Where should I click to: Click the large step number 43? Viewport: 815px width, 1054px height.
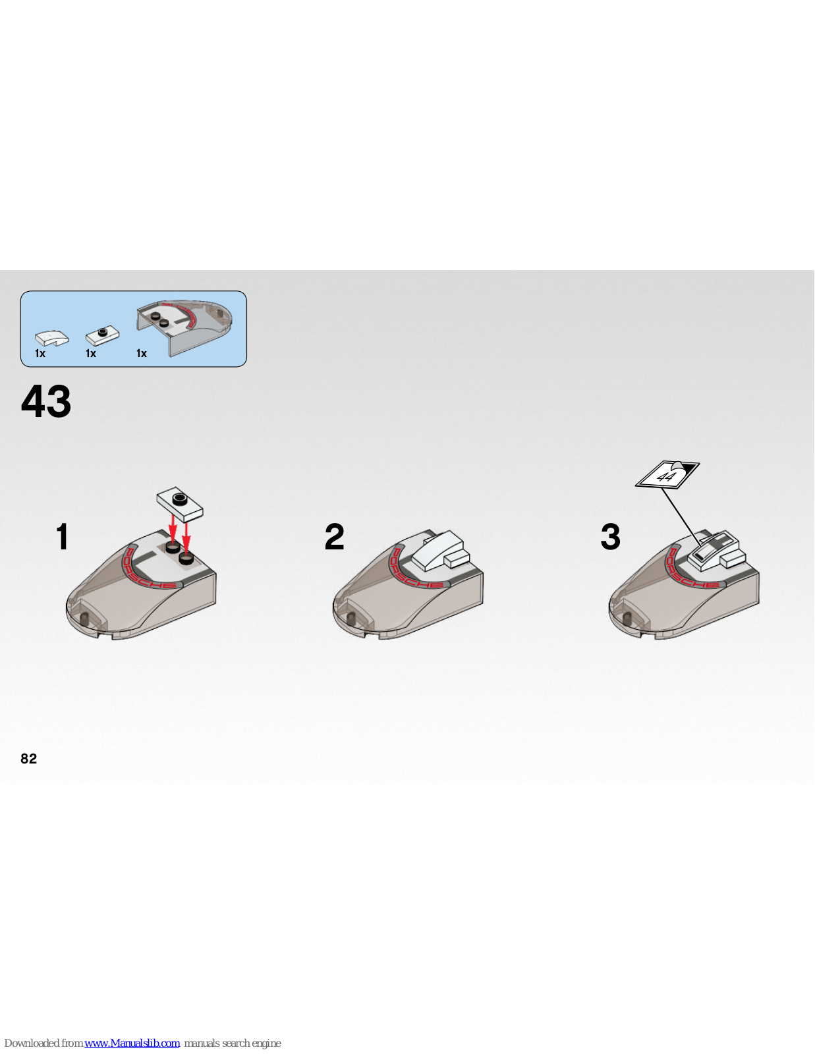pyautogui.click(x=46, y=401)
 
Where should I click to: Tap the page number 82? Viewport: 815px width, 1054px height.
pyautogui.click(x=28, y=759)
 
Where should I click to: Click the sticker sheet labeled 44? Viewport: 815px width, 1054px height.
pyautogui.click(x=667, y=474)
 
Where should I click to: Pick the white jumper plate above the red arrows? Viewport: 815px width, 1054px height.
pyautogui.click(x=180, y=504)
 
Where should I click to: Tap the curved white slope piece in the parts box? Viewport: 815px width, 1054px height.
pyautogui.click(x=52, y=337)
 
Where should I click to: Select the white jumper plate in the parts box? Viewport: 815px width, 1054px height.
pyautogui.click(x=102, y=335)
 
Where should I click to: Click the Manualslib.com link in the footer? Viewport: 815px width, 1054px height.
pyautogui.click(x=132, y=1043)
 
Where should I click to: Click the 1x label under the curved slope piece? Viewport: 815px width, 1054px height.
pyautogui.click(x=40, y=353)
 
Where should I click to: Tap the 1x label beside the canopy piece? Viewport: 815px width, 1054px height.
pyautogui.click(x=142, y=353)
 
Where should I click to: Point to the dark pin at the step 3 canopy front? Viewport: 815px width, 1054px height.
pyautogui.click(x=627, y=617)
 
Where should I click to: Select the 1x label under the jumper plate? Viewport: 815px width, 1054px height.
pyautogui.click(x=91, y=353)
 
